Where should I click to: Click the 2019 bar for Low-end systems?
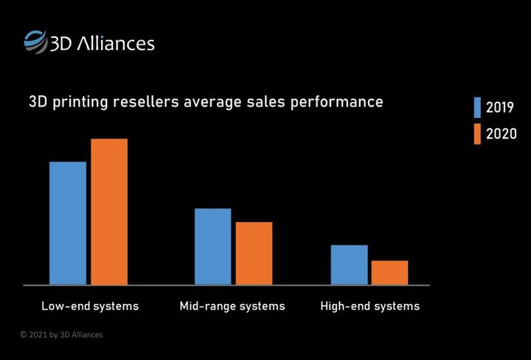tap(68, 223)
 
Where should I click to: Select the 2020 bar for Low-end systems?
tap(109, 212)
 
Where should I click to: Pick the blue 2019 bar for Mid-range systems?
tap(212, 246)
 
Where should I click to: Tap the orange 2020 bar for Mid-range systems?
tap(254, 253)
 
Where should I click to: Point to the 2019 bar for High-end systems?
tap(349, 264)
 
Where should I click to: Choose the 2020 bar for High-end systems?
tap(389, 272)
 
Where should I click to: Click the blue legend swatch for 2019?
tap(477, 108)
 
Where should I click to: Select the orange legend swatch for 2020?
tap(477, 134)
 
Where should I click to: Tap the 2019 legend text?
tap(500, 108)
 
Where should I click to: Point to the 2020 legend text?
tap(501, 134)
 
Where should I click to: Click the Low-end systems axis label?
tap(90, 305)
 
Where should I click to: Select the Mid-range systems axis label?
tap(232, 305)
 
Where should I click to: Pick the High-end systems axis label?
tap(369, 305)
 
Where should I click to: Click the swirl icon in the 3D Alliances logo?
tap(34, 41)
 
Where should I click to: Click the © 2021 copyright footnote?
tap(61, 335)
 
